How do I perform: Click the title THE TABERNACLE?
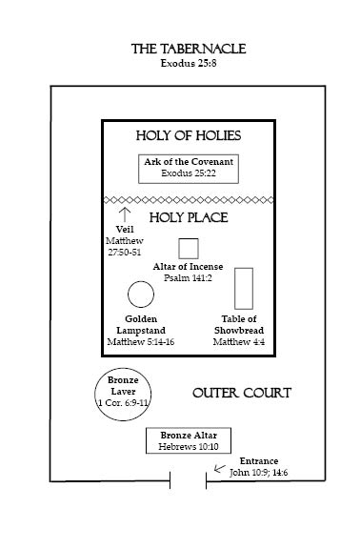tap(189, 49)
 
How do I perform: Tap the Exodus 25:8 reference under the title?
tap(189, 63)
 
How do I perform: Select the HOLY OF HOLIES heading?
tap(189, 135)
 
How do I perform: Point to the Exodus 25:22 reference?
tap(189, 173)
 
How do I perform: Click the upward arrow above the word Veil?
tap(125, 214)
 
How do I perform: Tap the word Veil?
tap(125, 230)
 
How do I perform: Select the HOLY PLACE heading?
tap(189, 217)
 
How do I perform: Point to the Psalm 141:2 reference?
tap(188, 278)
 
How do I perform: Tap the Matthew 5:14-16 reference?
tap(141, 342)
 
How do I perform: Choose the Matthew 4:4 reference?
tap(239, 342)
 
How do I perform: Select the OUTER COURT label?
tap(242, 393)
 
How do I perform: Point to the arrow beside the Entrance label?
tap(220, 469)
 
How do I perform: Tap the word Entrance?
tap(259, 460)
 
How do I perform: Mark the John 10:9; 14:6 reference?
tap(258, 473)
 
